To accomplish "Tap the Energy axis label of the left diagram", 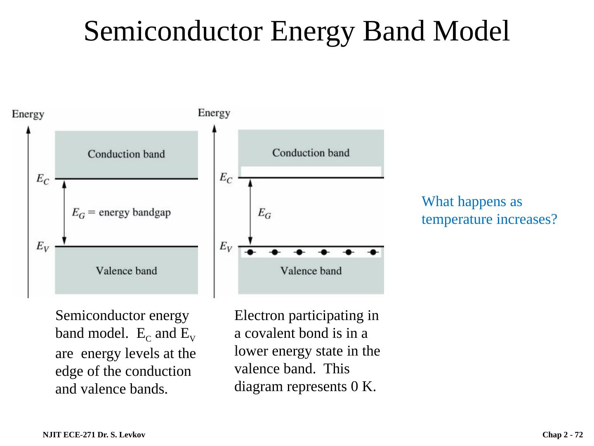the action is click(x=28, y=114).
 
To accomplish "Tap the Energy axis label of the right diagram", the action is click(x=214, y=113).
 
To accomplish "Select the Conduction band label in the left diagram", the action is click(x=126, y=154).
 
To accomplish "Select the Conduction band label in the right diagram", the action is click(x=311, y=153).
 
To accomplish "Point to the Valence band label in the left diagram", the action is click(x=126, y=271).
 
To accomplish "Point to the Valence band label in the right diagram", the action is click(x=311, y=271).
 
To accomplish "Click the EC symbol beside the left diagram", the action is click(x=43, y=179).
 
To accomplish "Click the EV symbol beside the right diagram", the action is click(x=226, y=247).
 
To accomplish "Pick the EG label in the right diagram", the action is click(x=264, y=213).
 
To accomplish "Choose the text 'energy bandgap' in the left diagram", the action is click(x=135, y=213).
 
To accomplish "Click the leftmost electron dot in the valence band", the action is click(x=250, y=252).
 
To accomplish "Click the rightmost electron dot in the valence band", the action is click(x=373, y=252).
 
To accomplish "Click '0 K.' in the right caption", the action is click(x=364, y=387).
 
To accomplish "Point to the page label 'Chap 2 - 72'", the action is click(x=563, y=435).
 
